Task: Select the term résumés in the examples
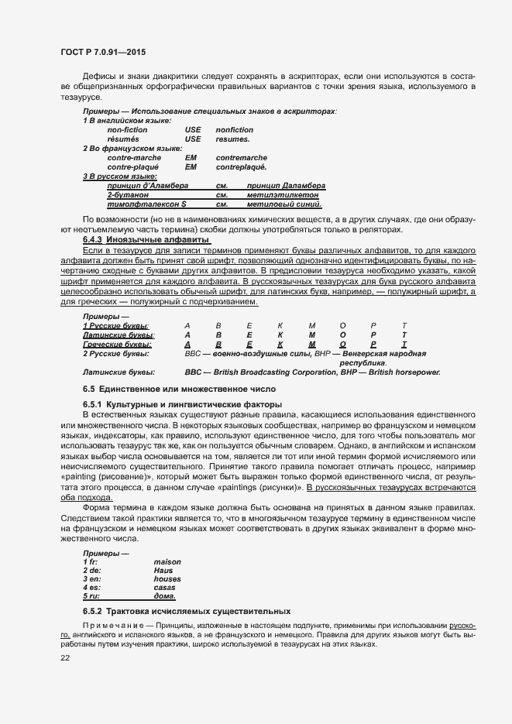point(122,139)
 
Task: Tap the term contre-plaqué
point(132,167)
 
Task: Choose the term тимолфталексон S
point(147,204)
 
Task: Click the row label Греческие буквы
point(116,344)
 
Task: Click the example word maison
point(167,561)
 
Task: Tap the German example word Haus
point(163,571)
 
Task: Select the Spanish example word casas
point(164,588)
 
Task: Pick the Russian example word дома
point(164,597)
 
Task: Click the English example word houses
point(167,579)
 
